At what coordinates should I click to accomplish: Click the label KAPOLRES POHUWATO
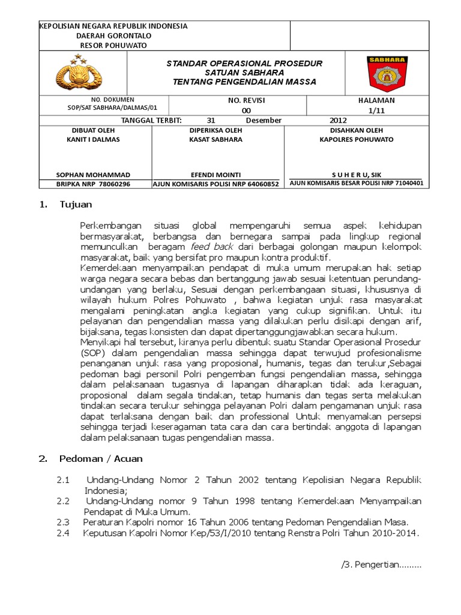point(357,139)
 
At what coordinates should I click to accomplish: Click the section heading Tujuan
point(76,204)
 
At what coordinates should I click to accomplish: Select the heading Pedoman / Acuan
point(101,459)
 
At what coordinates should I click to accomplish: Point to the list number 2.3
point(64,521)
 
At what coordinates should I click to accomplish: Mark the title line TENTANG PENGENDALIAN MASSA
point(244,82)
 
